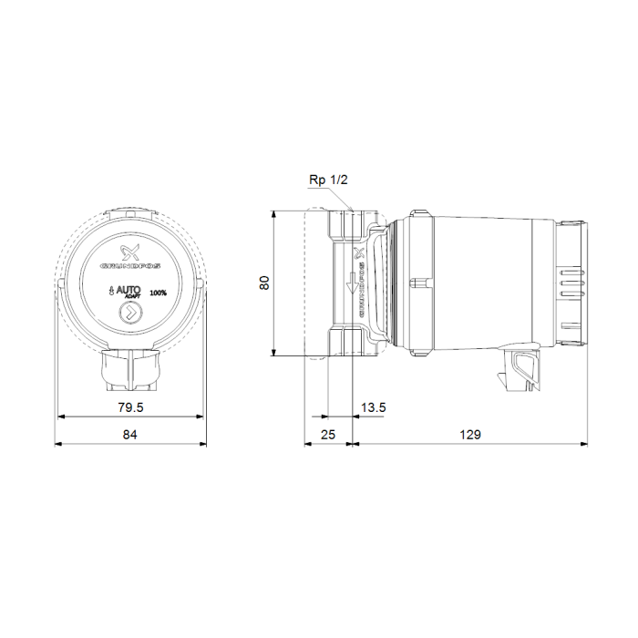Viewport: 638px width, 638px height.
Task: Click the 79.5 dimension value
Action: pos(129,406)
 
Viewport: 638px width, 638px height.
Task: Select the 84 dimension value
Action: pos(129,435)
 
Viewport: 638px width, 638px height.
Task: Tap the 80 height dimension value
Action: pos(264,283)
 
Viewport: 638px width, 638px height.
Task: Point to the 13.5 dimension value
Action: pos(373,406)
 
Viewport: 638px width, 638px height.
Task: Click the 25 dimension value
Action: pos(329,435)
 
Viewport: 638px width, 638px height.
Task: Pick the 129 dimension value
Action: pos(470,435)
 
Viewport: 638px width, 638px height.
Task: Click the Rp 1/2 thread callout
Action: pos(328,180)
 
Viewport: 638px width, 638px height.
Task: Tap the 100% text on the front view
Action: pos(159,292)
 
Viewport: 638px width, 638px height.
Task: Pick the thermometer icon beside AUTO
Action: pos(108,293)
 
